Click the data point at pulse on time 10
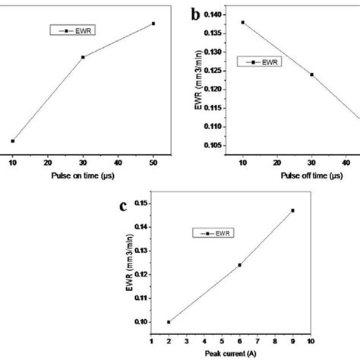(13, 141)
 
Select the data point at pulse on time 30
(83, 57)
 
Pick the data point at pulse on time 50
(153, 24)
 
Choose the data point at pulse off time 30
(311, 74)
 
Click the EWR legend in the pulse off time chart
(259, 62)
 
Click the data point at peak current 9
(292, 210)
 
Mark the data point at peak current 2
(169, 322)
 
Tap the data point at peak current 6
(239, 265)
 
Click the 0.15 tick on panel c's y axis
(141, 203)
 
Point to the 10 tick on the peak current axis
(310, 341)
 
